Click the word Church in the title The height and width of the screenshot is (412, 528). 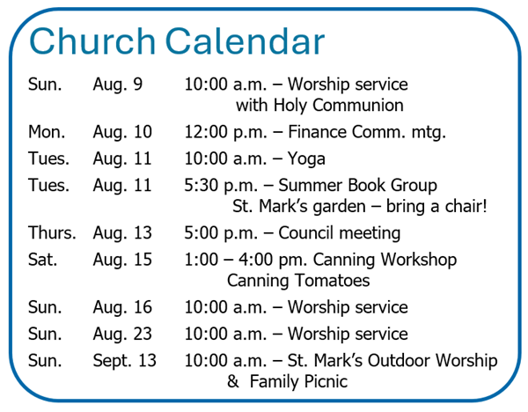click(x=92, y=40)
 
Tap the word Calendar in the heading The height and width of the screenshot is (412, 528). click(x=245, y=40)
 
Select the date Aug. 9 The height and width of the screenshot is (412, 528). click(x=118, y=85)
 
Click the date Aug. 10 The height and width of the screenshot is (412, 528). click(x=122, y=132)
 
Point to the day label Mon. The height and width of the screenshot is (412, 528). click(x=47, y=132)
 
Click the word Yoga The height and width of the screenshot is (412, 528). click(x=306, y=159)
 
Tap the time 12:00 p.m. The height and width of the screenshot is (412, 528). click(x=225, y=132)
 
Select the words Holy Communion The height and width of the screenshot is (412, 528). click(x=339, y=106)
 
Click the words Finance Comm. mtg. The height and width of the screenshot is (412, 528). click(x=367, y=132)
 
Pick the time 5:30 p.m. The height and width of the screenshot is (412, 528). click(x=221, y=186)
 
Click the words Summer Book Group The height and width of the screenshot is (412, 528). click(x=357, y=186)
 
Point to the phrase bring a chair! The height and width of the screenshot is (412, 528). click(x=436, y=206)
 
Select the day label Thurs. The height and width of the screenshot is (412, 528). click(x=52, y=232)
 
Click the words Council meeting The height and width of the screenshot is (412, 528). click(x=340, y=233)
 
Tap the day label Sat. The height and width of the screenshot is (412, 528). click(x=43, y=260)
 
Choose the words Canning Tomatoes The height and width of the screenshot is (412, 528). click(x=298, y=281)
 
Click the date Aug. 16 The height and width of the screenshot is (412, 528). click(x=122, y=308)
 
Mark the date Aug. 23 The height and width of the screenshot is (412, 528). click(x=122, y=335)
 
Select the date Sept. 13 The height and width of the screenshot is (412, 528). click(x=125, y=361)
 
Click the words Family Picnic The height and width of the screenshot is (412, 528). click(x=298, y=382)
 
